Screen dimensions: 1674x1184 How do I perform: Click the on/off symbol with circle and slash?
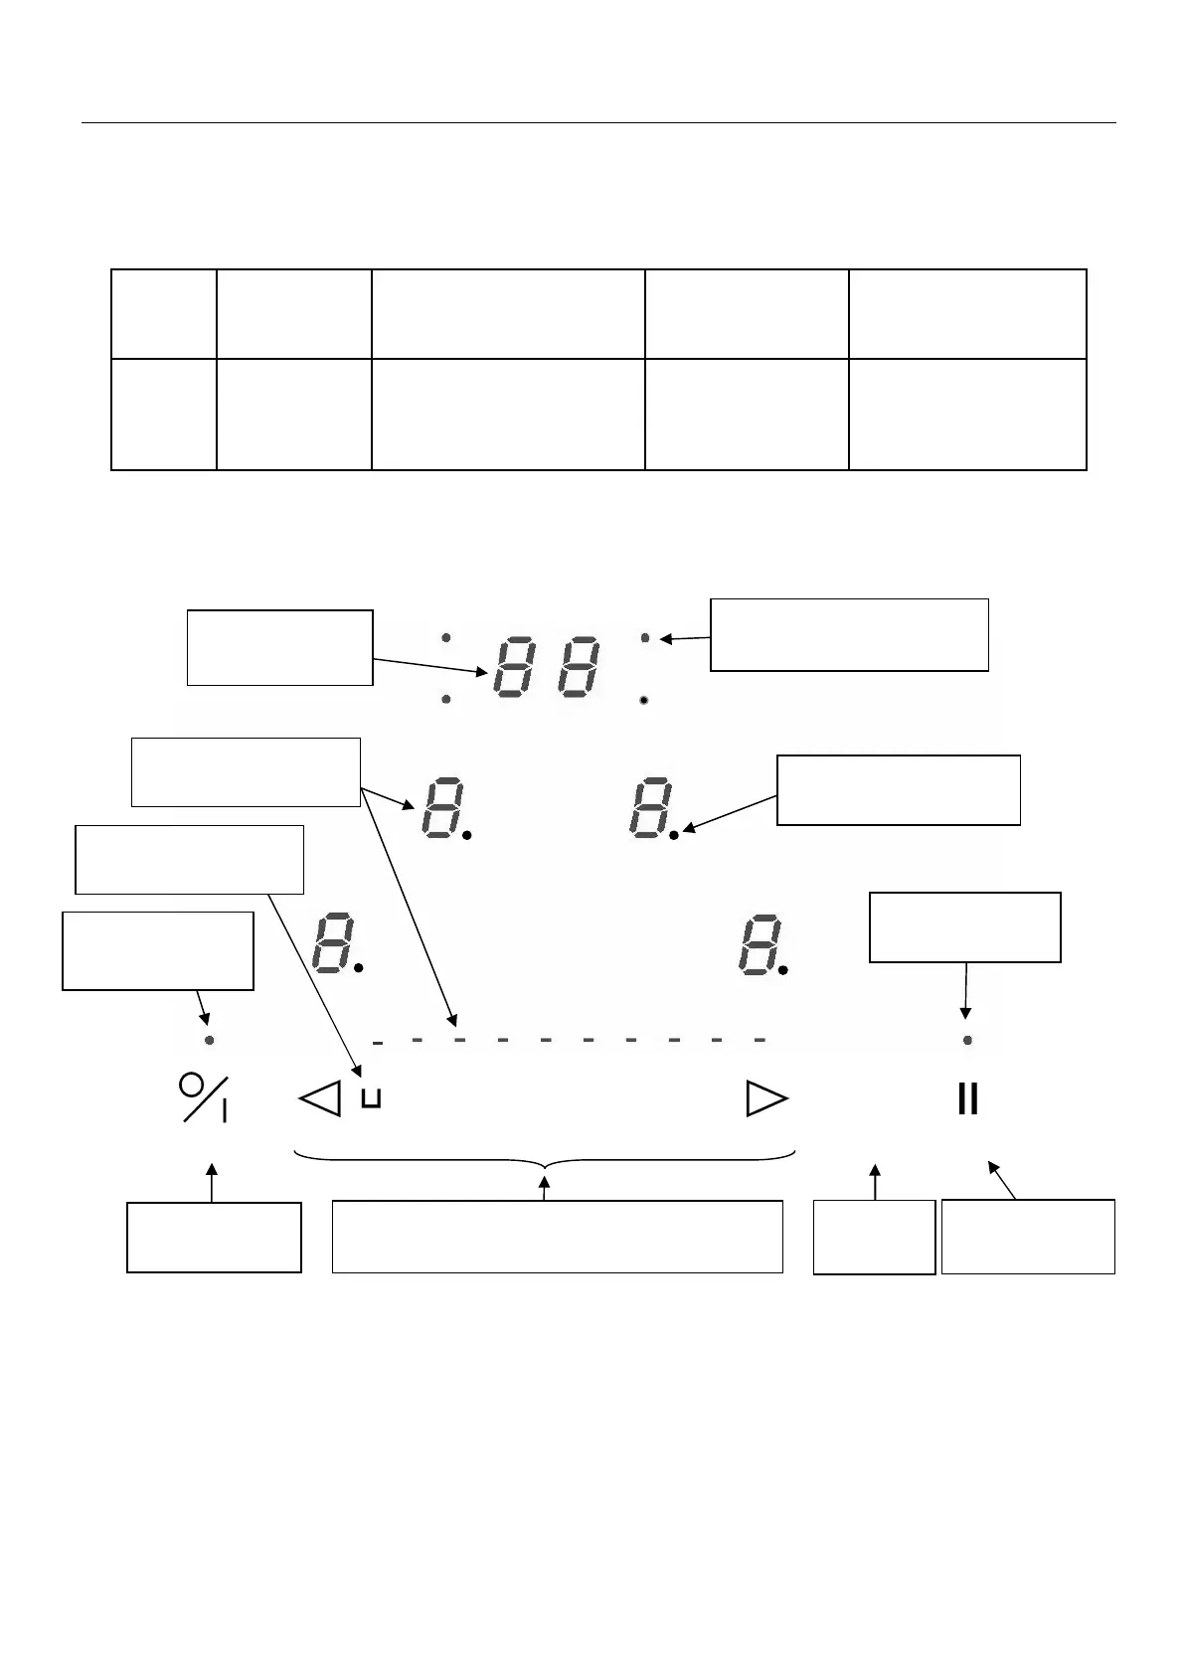[203, 1097]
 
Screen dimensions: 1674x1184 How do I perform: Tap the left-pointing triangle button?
[320, 1098]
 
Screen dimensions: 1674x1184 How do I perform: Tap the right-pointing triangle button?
[766, 1099]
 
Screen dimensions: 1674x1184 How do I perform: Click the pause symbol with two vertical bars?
[967, 1099]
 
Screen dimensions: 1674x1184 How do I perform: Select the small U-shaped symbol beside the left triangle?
[372, 1098]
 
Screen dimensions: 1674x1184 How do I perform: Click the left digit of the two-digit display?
[519, 667]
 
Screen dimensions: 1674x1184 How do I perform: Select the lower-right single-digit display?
[760, 942]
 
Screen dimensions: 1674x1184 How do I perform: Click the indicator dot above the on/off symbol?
[209, 1040]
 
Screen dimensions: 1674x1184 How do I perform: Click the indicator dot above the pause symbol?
[967, 1040]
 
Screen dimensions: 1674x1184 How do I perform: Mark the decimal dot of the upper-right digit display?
[674, 836]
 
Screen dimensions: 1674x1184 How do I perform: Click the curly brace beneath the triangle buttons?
[545, 1159]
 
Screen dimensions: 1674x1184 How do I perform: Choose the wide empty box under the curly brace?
[557, 1237]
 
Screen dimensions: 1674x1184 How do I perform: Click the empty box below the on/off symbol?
[214, 1237]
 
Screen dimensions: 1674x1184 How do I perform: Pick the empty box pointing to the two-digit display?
[279, 647]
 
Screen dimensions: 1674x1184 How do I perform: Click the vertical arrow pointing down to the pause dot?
[965, 988]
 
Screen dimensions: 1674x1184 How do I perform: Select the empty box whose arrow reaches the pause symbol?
[1028, 1236]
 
